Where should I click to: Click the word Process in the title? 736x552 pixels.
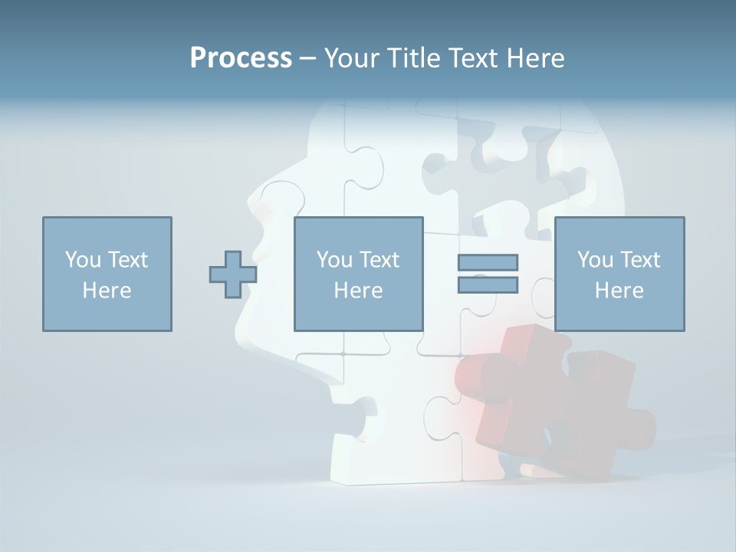(x=241, y=58)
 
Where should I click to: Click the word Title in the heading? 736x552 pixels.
(x=412, y=58)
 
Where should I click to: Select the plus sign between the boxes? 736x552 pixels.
(x=233, y=274)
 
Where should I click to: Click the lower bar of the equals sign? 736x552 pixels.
(x=488, y=284)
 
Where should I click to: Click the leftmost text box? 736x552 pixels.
(x=107, y=274)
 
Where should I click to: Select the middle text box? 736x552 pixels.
(x=358, y=274)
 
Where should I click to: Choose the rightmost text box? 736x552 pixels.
(x=619, y=274)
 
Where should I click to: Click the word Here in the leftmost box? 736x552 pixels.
(x=107, y=291)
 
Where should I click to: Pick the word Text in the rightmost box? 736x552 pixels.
(x=639, y=260)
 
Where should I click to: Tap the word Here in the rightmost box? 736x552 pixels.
(x=619, y=291)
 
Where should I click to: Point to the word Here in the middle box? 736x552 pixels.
(x=358, y=291)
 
